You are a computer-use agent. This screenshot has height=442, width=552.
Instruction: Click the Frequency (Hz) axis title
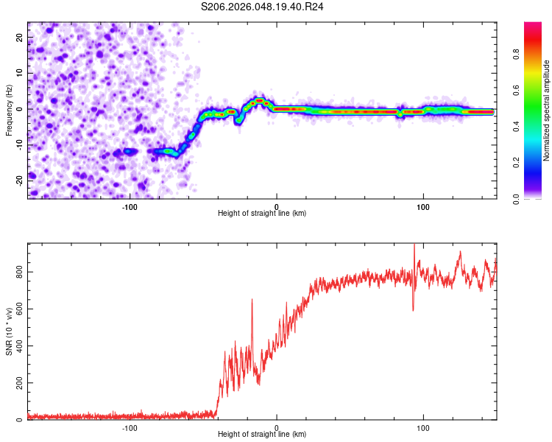point(9,110)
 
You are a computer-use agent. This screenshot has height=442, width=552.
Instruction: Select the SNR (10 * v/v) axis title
point(9,331)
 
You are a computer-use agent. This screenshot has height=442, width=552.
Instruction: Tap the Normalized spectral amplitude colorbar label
point(547,110)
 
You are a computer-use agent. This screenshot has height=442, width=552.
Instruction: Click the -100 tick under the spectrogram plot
point(130,206)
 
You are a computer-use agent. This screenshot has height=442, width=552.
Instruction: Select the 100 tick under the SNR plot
point(423,427)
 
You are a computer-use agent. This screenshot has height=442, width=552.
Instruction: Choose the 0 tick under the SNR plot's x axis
point(277,427)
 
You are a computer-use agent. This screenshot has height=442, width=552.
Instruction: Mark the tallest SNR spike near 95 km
point(414,245)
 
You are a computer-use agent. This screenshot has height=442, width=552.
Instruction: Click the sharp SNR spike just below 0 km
point(252,300)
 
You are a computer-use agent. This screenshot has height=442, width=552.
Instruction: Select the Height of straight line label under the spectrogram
point(262,213)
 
